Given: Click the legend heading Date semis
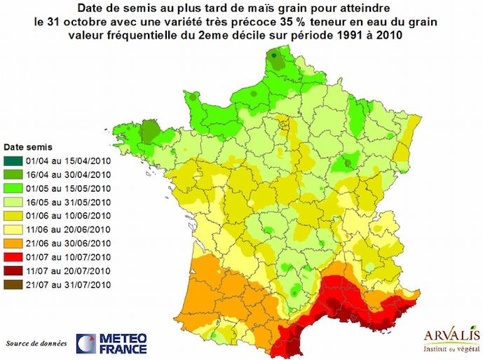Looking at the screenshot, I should pyautogui.click(x=27, y=148).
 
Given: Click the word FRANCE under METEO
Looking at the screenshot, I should pyautogui.click(x=123, y=349).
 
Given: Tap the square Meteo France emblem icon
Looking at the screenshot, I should pyautogui.click(x=86, y=343).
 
